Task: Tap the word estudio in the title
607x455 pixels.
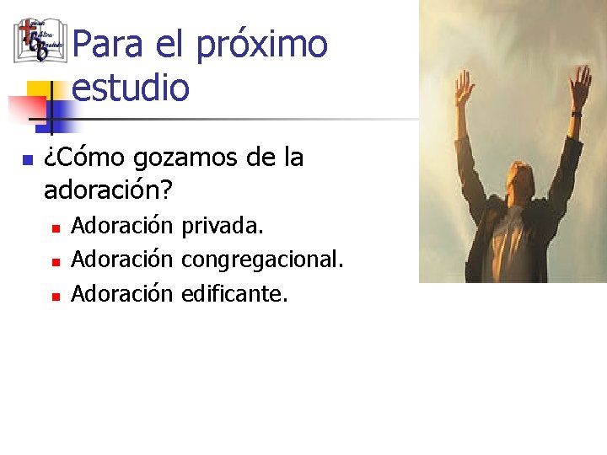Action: click(x=131, y=87)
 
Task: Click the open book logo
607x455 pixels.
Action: click(x=40, y=40)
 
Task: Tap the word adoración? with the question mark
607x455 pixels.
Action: click(x=108, y=190)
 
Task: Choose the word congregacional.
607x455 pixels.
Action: click(x=262, y=260)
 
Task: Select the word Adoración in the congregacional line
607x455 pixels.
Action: click(x=122, y=260)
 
